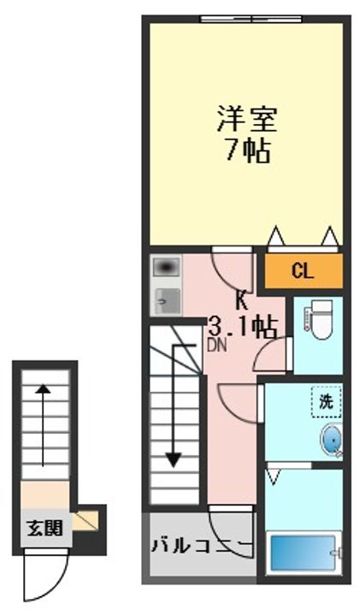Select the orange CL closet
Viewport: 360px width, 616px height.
(x=302, y=272)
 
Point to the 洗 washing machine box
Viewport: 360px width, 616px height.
(x=326, y=400)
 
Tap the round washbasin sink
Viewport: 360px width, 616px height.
(x=331, y=441)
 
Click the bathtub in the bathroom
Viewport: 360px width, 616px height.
(x=304, y=555)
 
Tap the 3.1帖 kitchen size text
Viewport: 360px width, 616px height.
(x=243, y=326)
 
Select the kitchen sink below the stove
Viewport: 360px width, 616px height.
(x=166, y=300)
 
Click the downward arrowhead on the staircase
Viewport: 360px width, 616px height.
(x=174, y=459)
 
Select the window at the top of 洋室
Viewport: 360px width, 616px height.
(x=251, y=19)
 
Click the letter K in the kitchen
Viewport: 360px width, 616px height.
(x=242, y=300)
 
